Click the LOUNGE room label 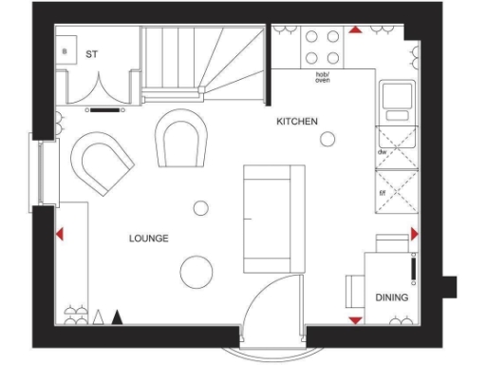pos(149,238)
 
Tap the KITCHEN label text pos(297,122)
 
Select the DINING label pos(391,298)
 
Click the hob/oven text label pos(323,77)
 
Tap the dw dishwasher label pos(381,151)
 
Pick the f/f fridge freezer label pos(381,192)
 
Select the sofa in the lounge pos(272,217)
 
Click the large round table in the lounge pos(196,270)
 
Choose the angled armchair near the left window pos(101,162)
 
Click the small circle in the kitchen pos(327,140)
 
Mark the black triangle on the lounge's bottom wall pos(118,317)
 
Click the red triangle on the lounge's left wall pos(60,233)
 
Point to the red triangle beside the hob pos(355,29)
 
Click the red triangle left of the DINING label pos(355,319)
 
